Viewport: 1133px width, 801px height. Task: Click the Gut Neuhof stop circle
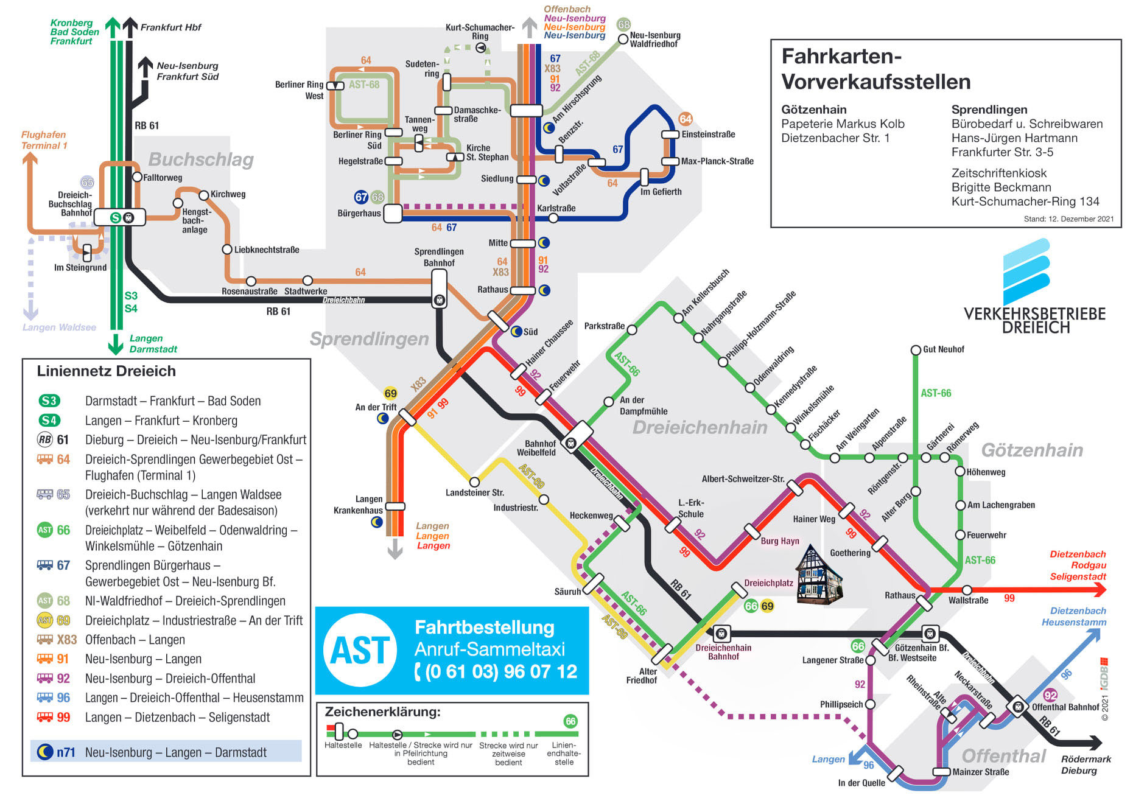915,350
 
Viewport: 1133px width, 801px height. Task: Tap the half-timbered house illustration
819,575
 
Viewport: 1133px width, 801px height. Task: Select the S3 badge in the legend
49,400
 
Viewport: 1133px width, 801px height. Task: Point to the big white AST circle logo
360,650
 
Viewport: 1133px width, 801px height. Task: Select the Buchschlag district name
201,159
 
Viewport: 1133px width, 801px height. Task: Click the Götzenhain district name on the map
1032,450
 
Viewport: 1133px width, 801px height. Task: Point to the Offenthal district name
1003,756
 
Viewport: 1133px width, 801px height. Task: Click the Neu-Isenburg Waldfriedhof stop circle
623,40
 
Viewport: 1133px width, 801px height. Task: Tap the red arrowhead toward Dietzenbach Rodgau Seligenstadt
1100,589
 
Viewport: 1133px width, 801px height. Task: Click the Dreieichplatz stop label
768,583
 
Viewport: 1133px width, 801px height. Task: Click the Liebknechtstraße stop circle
227,250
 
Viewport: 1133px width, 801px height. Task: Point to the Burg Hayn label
779,541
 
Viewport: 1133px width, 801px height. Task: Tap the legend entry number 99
63,718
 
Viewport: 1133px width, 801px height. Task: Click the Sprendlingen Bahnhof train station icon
439,300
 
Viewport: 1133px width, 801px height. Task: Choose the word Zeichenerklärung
382,712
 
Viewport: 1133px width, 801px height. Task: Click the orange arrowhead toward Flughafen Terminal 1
30,159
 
